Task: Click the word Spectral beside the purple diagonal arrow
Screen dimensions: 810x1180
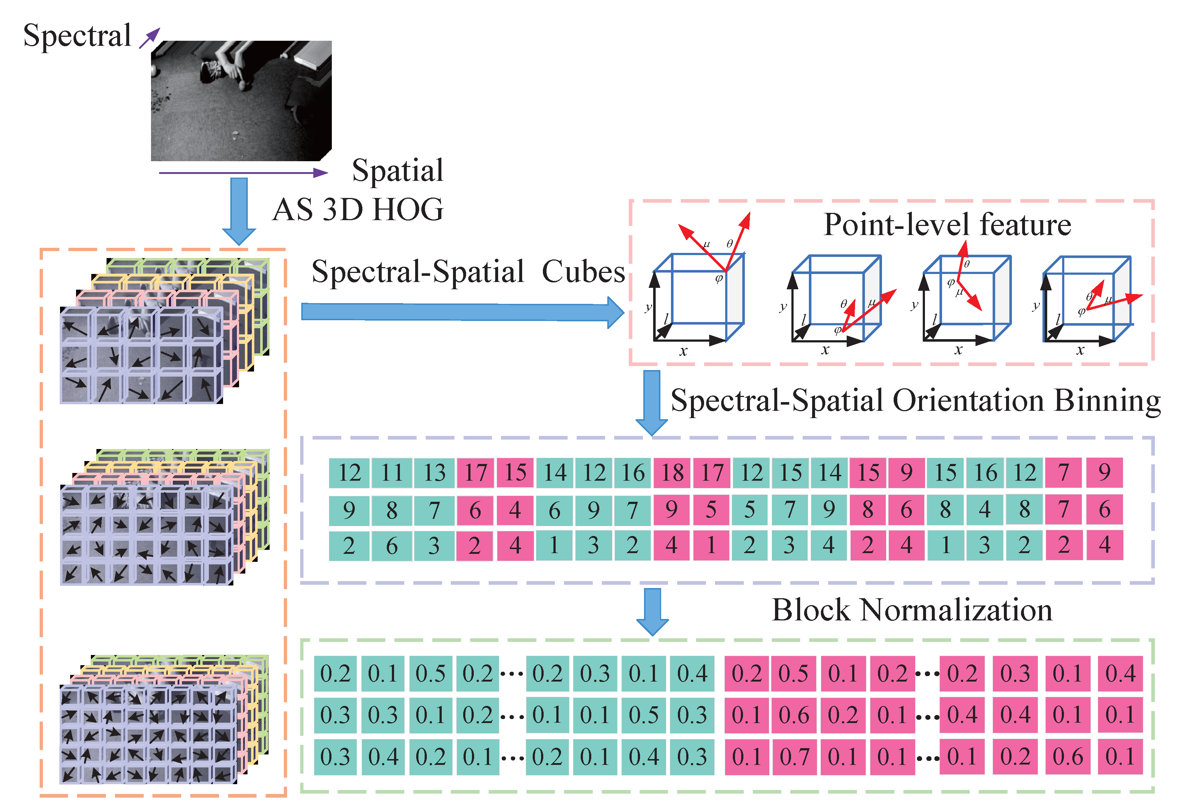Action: (x=77, y=36)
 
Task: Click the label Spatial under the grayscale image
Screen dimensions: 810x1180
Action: (x=398, y=171)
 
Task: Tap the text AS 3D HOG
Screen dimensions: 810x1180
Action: (x=358, y=210)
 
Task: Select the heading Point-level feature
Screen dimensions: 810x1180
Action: (x=947, y=225)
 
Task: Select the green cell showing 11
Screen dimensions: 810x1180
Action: (x=392, y=473)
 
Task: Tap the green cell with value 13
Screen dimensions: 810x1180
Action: (x=434, y=473)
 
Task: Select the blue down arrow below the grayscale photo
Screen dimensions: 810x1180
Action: (x=239, y=210)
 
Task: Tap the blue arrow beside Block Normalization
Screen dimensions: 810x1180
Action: (x=652, y=611)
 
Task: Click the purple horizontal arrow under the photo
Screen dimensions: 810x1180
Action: (x=244, y=173)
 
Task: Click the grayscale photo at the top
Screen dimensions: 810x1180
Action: (x=241, y=100)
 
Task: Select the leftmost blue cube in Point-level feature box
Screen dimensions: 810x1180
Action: (x=698, y=297)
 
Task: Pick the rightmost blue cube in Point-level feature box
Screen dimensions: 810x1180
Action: (x=1086, y=299)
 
